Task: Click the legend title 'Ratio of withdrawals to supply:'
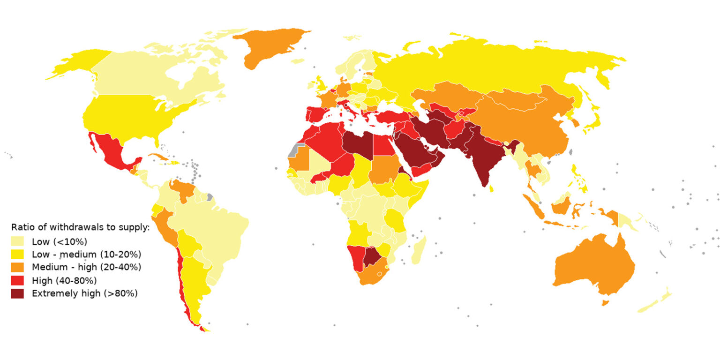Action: point(80,228)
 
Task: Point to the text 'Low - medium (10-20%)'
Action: point(86,255)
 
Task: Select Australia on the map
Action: point(593,267)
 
